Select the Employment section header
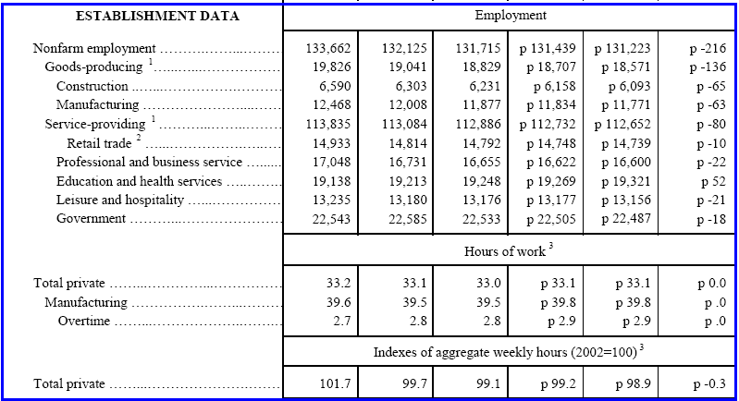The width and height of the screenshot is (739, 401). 511,16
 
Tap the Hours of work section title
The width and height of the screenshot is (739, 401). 511,250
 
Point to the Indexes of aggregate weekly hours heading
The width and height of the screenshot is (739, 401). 511,351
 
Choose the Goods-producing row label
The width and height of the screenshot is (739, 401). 97,67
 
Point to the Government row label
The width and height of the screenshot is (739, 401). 90,218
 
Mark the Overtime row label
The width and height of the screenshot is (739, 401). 83,321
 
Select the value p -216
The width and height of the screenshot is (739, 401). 699,49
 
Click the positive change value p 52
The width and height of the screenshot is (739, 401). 705,181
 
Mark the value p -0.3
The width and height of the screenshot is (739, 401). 701,383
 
